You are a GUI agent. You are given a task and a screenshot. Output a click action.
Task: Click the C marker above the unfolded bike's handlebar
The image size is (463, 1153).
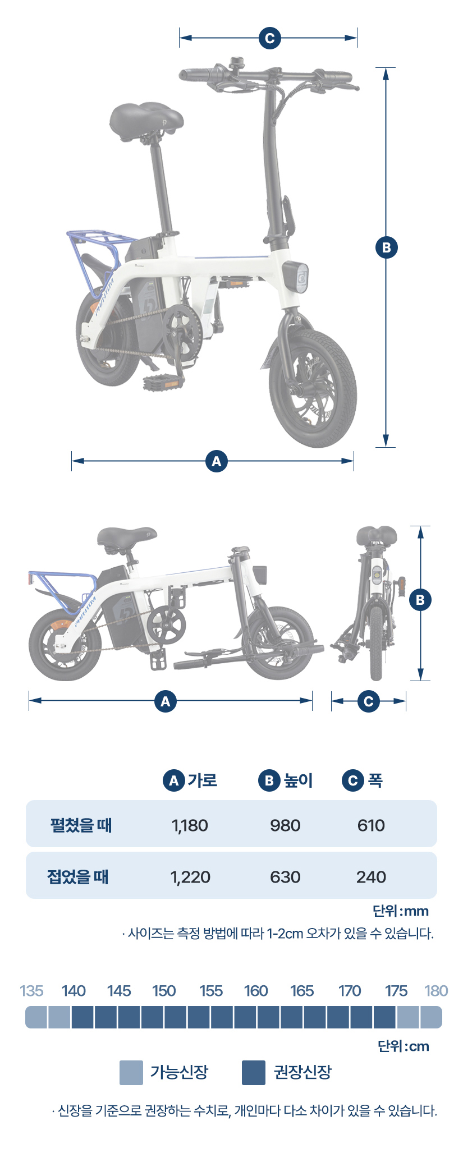tap(269, 38)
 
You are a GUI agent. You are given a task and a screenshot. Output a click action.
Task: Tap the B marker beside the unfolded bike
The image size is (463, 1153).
tap(386, 247)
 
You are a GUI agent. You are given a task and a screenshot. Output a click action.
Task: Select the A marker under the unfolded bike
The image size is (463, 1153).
tap(217, 461)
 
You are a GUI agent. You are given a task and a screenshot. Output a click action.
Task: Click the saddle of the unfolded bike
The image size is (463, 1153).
tap(146, 118)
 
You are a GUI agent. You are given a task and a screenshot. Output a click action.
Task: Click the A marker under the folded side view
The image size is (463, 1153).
tap(165, 701)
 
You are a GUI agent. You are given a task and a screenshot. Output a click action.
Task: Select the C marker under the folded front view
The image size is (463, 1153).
tap(368, 701)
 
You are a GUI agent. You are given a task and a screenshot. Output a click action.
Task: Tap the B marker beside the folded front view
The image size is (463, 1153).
tap(420, 600)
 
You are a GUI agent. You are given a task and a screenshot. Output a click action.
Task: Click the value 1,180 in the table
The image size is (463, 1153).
tap(190, 825)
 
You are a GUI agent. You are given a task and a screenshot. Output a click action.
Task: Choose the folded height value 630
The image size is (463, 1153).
tap(285, 877)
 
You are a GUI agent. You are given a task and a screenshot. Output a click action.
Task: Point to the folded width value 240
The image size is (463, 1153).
tap(371, 877)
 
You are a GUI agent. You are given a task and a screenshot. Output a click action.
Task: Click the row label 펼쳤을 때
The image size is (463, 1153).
tap(81, 825)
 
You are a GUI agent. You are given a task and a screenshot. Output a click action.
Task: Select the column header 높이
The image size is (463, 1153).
tap(297, 780)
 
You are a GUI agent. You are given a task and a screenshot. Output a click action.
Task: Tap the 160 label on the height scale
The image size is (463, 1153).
tap(256, 991)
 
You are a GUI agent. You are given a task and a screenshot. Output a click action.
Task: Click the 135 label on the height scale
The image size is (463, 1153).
tap(31, 991)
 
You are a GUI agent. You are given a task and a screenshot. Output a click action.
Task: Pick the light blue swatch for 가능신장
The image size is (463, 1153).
tap(131, 1072)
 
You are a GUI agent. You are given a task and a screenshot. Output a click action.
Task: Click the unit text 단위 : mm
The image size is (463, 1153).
tap(400, 911)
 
